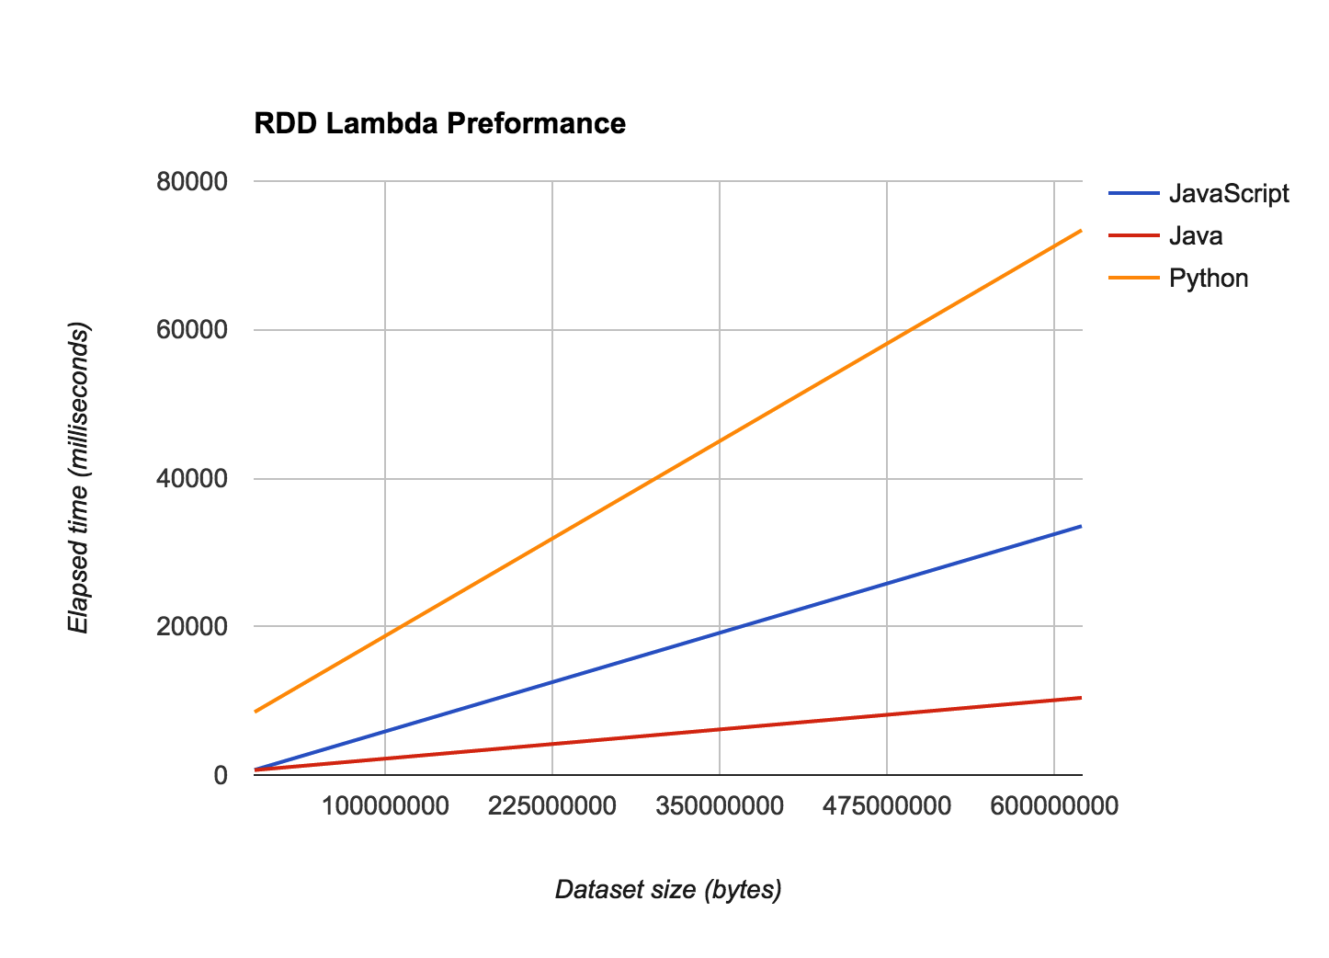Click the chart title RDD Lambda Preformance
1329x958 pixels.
pyautogui.click(x=439, y=123)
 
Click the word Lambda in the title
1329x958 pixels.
pyautogui.click(x=385, y=123)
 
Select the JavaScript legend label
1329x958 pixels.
pyautogui.click(x=1229, y=194)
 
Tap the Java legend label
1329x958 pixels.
pyautogui.click(x=1195, y=236)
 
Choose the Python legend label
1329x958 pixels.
pyautogui.click(x=1208, y=279)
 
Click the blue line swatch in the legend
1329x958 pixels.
pyautogui.click(x=1132, y=194)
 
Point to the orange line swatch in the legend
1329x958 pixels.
pyautogui.click(x=1132, y=279)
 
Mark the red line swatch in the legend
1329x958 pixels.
pyautogui.click(x=1132, y=236)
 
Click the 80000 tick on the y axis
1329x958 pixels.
pyautogui.click(x=193, y=182)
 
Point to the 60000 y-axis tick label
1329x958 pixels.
pyautogui.click(x=193, y=330)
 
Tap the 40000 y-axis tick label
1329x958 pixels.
pyautogui.click(x=193, y=479)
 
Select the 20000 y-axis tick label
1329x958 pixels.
pyautogui.click(x=193, y=627)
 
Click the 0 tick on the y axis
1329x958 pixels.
pyautogui.click(x=220, y=775)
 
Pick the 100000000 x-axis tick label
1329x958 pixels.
pyautogui.click(x=385, y=807)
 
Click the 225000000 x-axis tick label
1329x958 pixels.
pyautogui.click(x=552, y=807)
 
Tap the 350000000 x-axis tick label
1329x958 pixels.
pyautogui.click(x=720, y=807)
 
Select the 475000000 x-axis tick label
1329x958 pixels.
pyautogui.click(x=887, y=807)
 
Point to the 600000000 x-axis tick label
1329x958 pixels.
pyautogui.click(x=1054, y=807)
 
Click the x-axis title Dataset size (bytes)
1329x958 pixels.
pyautogui.click(x=668, y=890)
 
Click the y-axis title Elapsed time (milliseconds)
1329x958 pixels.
pyautogui.click(x=79, y=478)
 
